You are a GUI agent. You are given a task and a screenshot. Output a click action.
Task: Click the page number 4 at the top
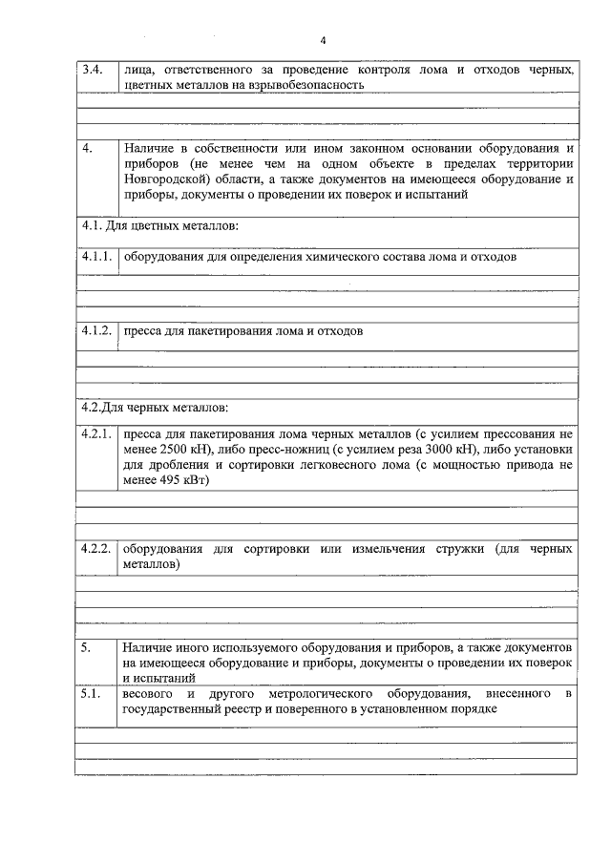coord(323,40)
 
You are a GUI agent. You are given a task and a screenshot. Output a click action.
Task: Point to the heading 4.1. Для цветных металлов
coord(158,226)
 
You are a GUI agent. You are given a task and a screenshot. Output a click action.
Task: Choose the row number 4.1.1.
coord(97,258)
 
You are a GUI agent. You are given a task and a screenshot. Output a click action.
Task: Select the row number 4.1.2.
coord(97,331)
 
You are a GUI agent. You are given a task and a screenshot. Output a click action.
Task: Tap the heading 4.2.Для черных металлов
coord(155,408)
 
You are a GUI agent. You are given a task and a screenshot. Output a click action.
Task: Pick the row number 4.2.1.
coord(97,433)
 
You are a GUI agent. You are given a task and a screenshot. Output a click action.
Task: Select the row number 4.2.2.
coord(97,550)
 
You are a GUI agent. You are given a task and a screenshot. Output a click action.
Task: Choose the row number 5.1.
coord(91,694)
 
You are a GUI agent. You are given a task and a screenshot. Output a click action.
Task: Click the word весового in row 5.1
coord(149,694)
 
